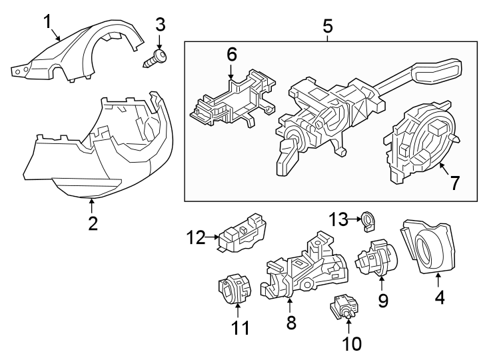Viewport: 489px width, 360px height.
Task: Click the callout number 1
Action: point(49,22)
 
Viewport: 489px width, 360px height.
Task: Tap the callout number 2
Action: point(93,223)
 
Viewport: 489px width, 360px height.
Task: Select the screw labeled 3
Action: point(156,58)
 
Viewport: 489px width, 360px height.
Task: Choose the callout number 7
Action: point(454,183)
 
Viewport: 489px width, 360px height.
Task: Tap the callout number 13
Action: point(340,218)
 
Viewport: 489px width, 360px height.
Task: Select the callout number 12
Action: point(196,236)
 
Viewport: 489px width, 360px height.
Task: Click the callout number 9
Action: point(383,300)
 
